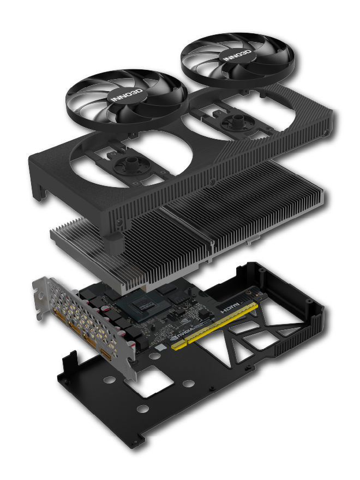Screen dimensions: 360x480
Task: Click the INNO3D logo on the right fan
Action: [x=238, y=55]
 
